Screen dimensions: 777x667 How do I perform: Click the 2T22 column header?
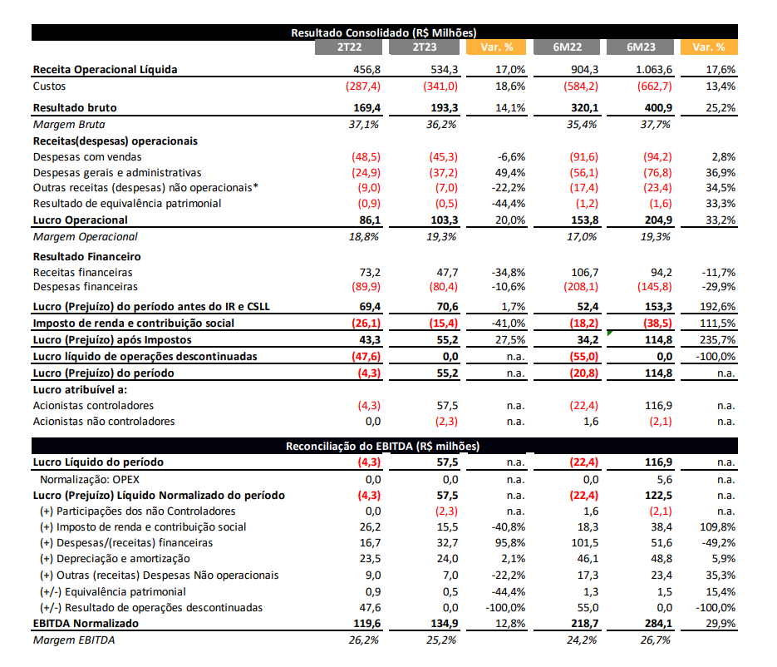(x=349, y=47)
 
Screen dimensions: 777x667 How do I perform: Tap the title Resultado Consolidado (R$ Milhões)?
(x=384, y=32)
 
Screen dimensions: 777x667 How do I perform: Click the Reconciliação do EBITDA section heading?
(x=382, y=446)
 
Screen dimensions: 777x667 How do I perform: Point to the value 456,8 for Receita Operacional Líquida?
(x=366, y=69)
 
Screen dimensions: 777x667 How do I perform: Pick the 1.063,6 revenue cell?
(x=654, y=69)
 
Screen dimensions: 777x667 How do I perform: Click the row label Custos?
(x=49, y=86)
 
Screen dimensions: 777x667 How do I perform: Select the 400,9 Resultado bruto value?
(x=658, y=107)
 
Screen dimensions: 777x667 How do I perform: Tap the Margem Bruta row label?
(x=69, y=125)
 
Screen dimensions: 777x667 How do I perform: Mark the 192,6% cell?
(x=717, y=307)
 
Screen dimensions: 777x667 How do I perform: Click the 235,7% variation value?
(x=717, y=339)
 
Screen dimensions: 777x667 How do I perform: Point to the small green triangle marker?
(x=609, y=333)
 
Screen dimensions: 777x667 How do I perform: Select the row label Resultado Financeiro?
(x=86, y=256)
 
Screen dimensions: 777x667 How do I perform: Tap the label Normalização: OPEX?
(x=90, y=480)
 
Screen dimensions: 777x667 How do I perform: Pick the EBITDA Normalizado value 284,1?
(x=658, y=624)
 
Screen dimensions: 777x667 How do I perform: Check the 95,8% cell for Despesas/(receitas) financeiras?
(x=510, y=542)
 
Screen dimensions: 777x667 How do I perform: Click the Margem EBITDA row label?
(x=74, y=640)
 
